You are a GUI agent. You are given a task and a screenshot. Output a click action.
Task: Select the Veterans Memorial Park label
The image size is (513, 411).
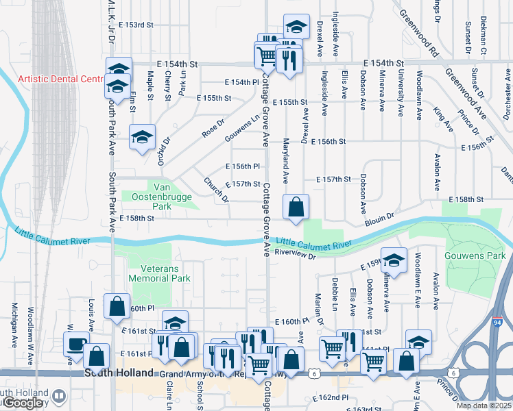(160, 273)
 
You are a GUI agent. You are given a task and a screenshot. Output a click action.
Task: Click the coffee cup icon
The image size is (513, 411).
(75, 342)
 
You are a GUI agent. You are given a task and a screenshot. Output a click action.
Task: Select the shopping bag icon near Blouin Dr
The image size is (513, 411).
(296, 206)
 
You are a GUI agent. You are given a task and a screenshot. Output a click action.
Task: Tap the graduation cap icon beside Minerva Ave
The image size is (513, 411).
(394, 260)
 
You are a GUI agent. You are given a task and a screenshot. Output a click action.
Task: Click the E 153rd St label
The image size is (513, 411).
(136, 25)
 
